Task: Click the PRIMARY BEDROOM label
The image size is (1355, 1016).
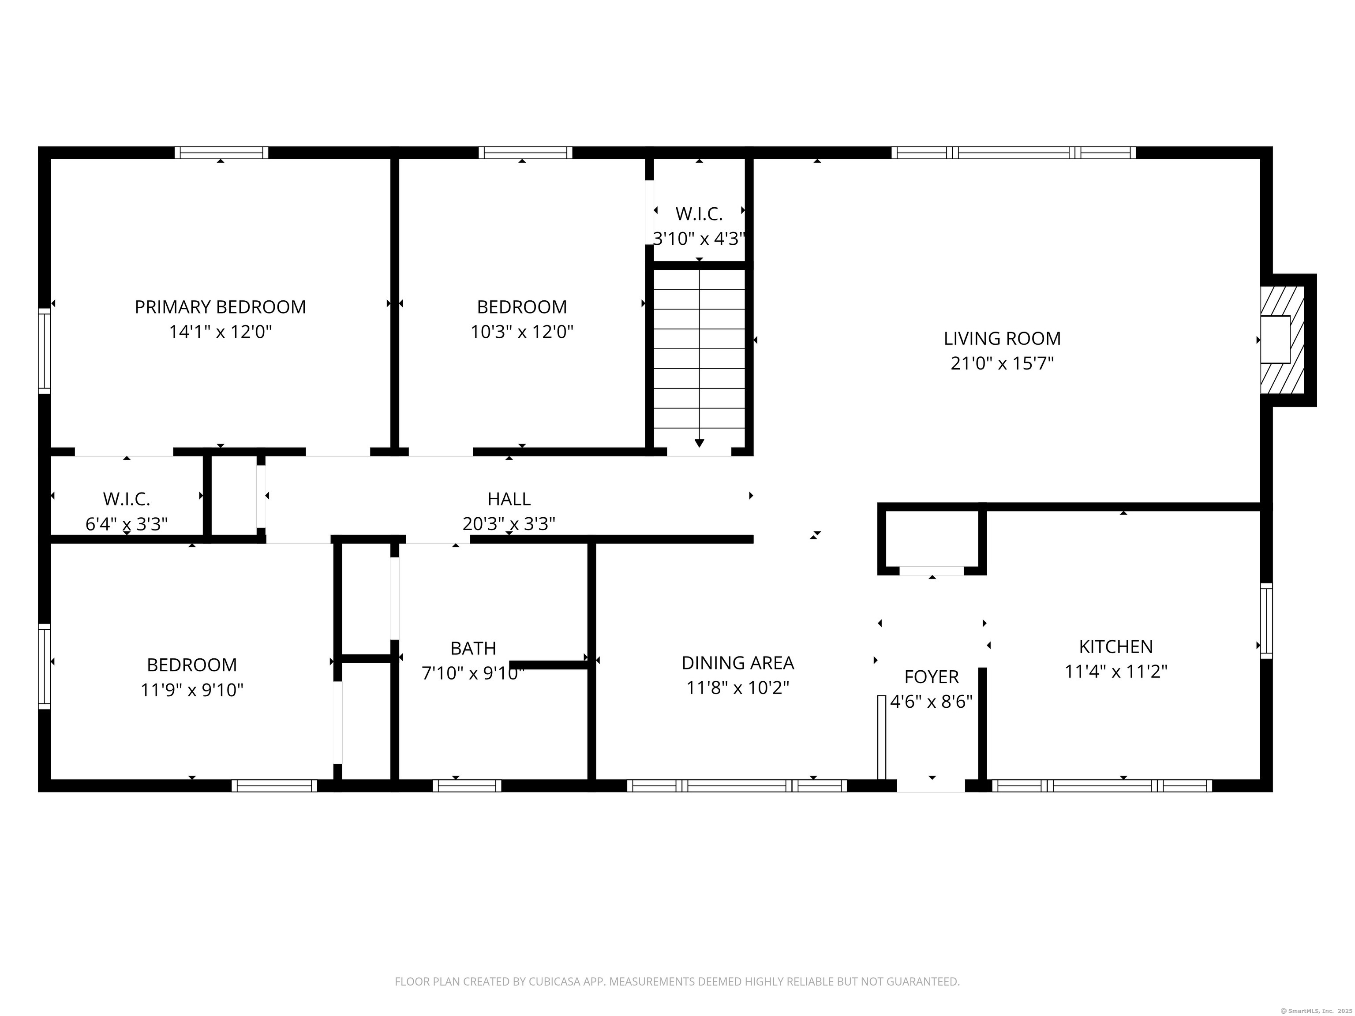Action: [220, 307]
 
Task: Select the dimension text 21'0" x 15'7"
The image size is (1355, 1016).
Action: [1002, 364]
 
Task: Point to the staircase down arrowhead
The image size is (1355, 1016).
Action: [699, 443]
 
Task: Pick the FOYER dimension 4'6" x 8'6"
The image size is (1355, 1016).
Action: [931, 702]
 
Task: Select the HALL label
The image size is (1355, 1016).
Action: [509, 499]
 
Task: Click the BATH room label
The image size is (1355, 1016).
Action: [473, 648]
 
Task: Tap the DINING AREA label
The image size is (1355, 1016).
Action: [737, 663]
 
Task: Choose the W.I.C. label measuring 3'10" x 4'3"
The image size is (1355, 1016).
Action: [699, 214]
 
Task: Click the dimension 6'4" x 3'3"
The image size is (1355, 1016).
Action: [126, 524]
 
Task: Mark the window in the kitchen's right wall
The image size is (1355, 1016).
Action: [1265, 621]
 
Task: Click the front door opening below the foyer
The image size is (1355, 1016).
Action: [931, 786]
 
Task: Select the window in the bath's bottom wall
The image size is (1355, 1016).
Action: [467, 786]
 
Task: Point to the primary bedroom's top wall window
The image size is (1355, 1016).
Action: [221, 153]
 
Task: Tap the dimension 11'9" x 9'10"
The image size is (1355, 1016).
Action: [192, 690]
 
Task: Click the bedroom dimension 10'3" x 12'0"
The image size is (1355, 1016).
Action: [521, 332]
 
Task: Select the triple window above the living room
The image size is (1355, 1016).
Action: [1013, 153]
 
